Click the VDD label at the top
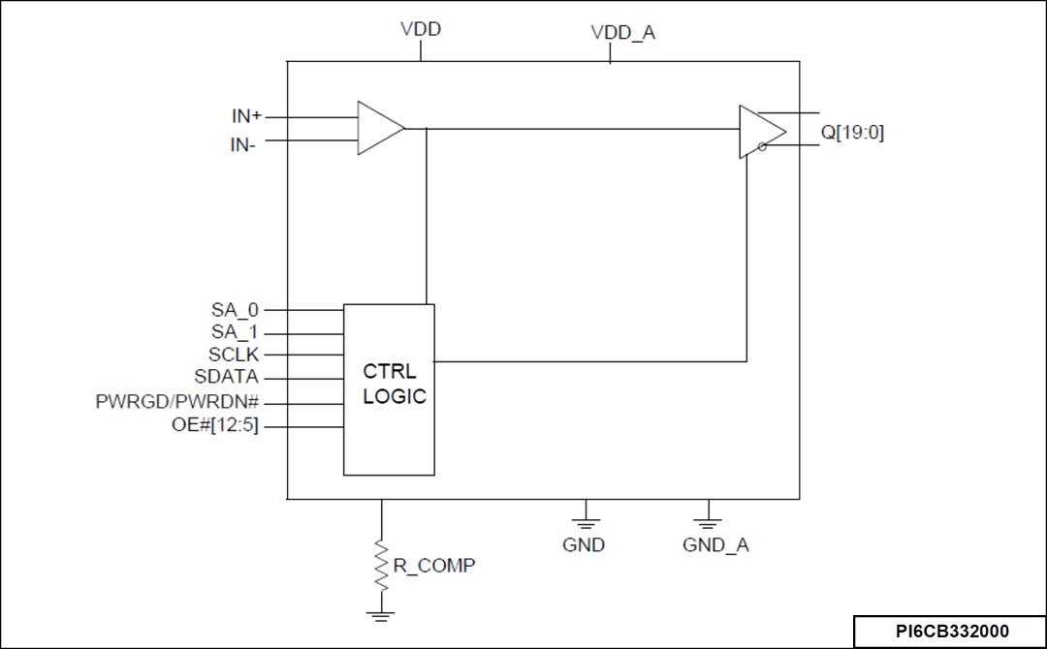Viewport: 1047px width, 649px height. pyautogui.click(x=421, y=29)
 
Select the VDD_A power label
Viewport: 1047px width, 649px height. pyautogui.click(x=622, y=33)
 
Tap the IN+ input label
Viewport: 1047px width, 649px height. pyautogui.click(x=246, y=116)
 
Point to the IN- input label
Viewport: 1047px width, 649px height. pyautogui.click(x=243, y=145)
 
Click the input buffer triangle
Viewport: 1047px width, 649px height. pyautogui.click(x=378, y=127)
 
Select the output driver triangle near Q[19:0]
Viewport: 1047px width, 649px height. pyautogui.click(x=761, y=132)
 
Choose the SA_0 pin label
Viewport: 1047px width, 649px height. pyautogui.click(x=236, y=310)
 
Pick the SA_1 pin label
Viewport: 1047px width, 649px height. pyautogui.click(x=236, y=332)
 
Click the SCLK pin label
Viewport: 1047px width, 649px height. pyautogui.click(x=234, y=355)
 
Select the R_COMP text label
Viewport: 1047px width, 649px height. pyautogui.click(x=433, y=566)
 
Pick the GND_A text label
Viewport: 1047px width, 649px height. pyautogui.click(x=715, y=545)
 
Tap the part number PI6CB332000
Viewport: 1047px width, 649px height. pyautogui.click(x=951, y=632)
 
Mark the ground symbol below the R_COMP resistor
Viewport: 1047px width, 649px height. pyautogui.click(x=380, y=613)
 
